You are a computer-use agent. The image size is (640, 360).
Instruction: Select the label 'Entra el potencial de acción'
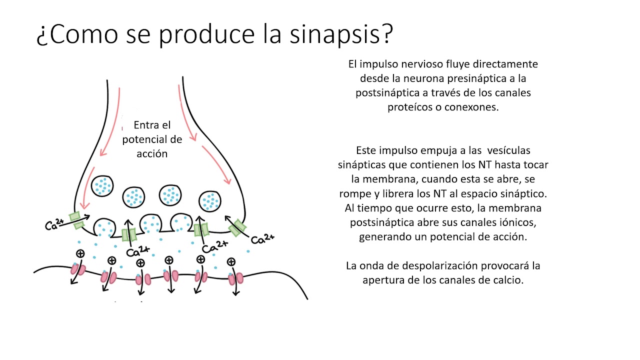click(152, 139)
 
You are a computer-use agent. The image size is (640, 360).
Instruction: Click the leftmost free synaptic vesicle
click(103, 186)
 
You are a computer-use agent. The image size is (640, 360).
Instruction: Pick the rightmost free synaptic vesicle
click(210, 201)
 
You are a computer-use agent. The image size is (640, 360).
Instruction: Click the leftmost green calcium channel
click(76, 221)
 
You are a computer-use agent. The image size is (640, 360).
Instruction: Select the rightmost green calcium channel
click(237, 228)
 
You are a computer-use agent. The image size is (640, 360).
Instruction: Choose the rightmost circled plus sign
click(231, 261)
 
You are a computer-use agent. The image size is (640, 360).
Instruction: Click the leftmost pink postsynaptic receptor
click(77, 269)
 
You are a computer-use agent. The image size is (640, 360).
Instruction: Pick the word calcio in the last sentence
click(508, 280)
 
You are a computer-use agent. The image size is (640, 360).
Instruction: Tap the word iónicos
click(516, 222)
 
